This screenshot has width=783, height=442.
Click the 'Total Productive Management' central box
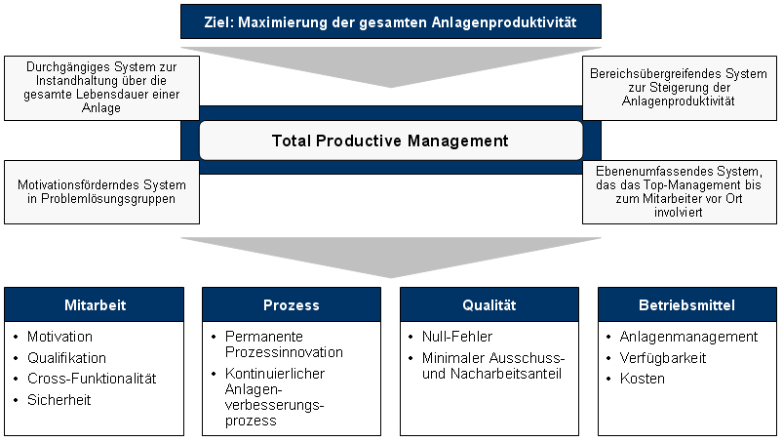point(390,141)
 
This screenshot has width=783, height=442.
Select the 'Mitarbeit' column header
point(94,305)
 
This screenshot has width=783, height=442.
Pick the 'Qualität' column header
point(489,305)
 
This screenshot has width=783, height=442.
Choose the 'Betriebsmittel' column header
point(687,305)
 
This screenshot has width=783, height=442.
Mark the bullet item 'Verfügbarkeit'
point(663,358)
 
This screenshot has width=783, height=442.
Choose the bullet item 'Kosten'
point(643,379)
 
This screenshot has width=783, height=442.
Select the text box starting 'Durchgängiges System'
point(102,87)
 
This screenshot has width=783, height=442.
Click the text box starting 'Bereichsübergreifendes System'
point(682,87)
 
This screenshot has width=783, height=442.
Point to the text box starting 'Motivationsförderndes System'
point(102,191)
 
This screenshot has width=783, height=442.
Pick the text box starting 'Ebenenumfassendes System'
point(682,191)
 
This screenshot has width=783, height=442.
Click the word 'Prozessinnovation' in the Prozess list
point(284,352)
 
